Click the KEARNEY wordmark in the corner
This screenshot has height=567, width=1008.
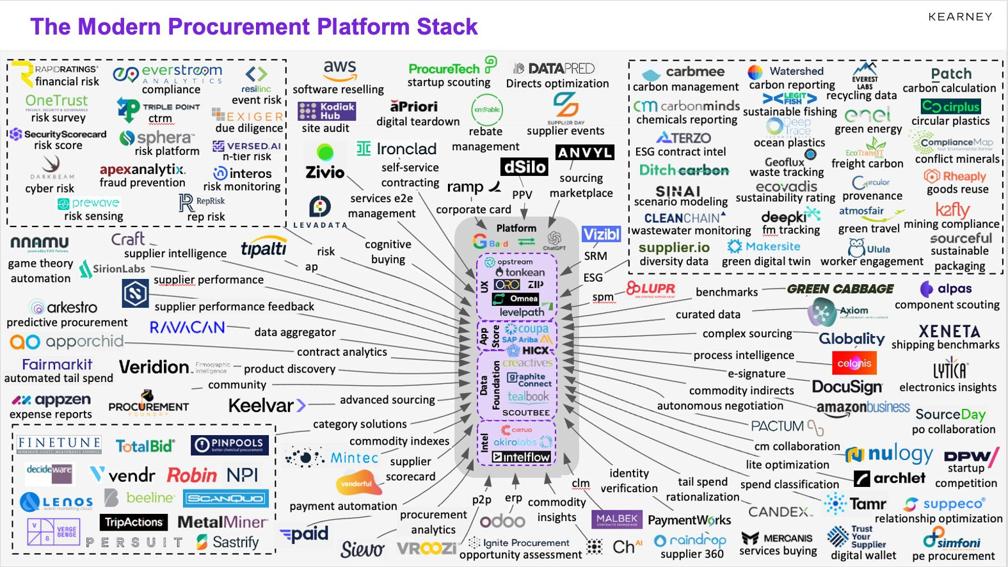(960, 17)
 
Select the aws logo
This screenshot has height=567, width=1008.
(339, 68)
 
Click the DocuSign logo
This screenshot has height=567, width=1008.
(847, 387)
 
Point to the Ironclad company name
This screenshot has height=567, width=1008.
(406, 149)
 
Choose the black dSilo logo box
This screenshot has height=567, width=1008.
(525, 167)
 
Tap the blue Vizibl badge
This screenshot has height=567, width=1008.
(601, 234)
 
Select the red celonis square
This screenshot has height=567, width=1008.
(854, 363)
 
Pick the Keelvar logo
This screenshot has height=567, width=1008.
(267, 406)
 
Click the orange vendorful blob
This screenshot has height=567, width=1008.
(358, 484)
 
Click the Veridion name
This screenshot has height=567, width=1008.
(154, 367)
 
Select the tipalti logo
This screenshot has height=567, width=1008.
(263, 248)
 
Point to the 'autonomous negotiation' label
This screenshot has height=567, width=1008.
(719, 406)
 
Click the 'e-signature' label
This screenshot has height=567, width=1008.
(756, 374)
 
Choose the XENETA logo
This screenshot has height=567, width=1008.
(949, 331)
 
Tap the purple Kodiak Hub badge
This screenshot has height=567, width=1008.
(326, 111)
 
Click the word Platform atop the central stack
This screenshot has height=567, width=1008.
(516, 228)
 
